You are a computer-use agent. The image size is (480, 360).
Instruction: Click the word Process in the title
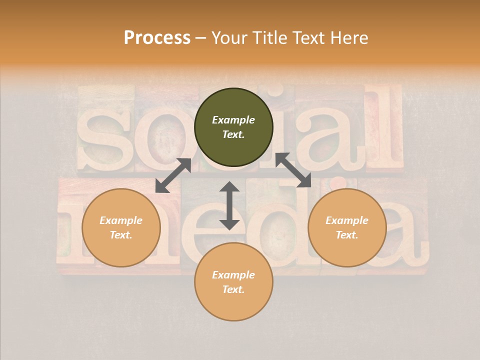[x=157, y=38]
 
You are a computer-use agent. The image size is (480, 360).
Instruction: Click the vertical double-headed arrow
[x=229, y=205]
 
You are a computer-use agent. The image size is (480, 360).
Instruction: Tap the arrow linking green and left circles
[x=173, y=175]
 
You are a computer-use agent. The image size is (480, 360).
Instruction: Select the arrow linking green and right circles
[x=293, y=170]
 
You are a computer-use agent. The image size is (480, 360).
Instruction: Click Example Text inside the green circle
[x=233, y=127]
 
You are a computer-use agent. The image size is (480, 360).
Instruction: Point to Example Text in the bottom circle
[x=233, y=282]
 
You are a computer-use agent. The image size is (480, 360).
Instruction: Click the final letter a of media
[x=400, y=235]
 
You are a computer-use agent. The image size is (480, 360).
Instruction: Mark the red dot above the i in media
[x=339, y=182]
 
